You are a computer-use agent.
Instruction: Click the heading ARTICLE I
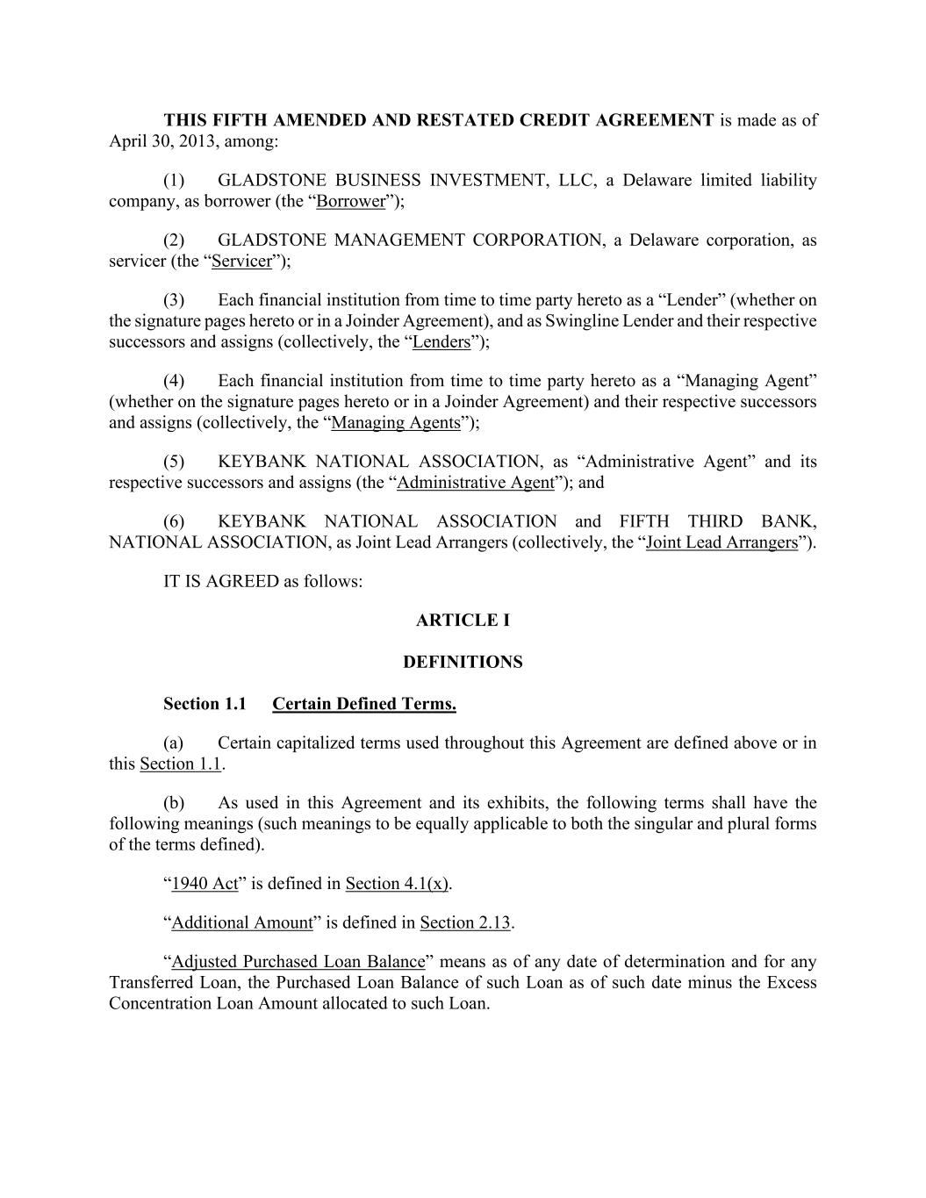463,621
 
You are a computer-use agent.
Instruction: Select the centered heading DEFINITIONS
463,663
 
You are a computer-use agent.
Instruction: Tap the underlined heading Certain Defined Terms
364,704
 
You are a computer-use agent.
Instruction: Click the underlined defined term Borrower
351,202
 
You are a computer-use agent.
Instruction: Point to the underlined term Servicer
242,262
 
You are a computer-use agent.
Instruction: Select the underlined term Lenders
441,342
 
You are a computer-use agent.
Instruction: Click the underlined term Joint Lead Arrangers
721,542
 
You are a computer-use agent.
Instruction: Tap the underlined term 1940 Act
205,884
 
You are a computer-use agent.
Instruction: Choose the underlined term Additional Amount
242,922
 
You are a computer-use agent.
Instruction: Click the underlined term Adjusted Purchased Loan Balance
298,962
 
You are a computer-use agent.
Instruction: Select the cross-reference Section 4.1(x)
397,884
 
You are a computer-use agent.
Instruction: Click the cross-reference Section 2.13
465,922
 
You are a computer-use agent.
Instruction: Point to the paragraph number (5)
174,462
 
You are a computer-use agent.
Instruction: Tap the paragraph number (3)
174,300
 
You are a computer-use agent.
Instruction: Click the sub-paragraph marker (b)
174,803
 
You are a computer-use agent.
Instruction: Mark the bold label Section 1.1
205,704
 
